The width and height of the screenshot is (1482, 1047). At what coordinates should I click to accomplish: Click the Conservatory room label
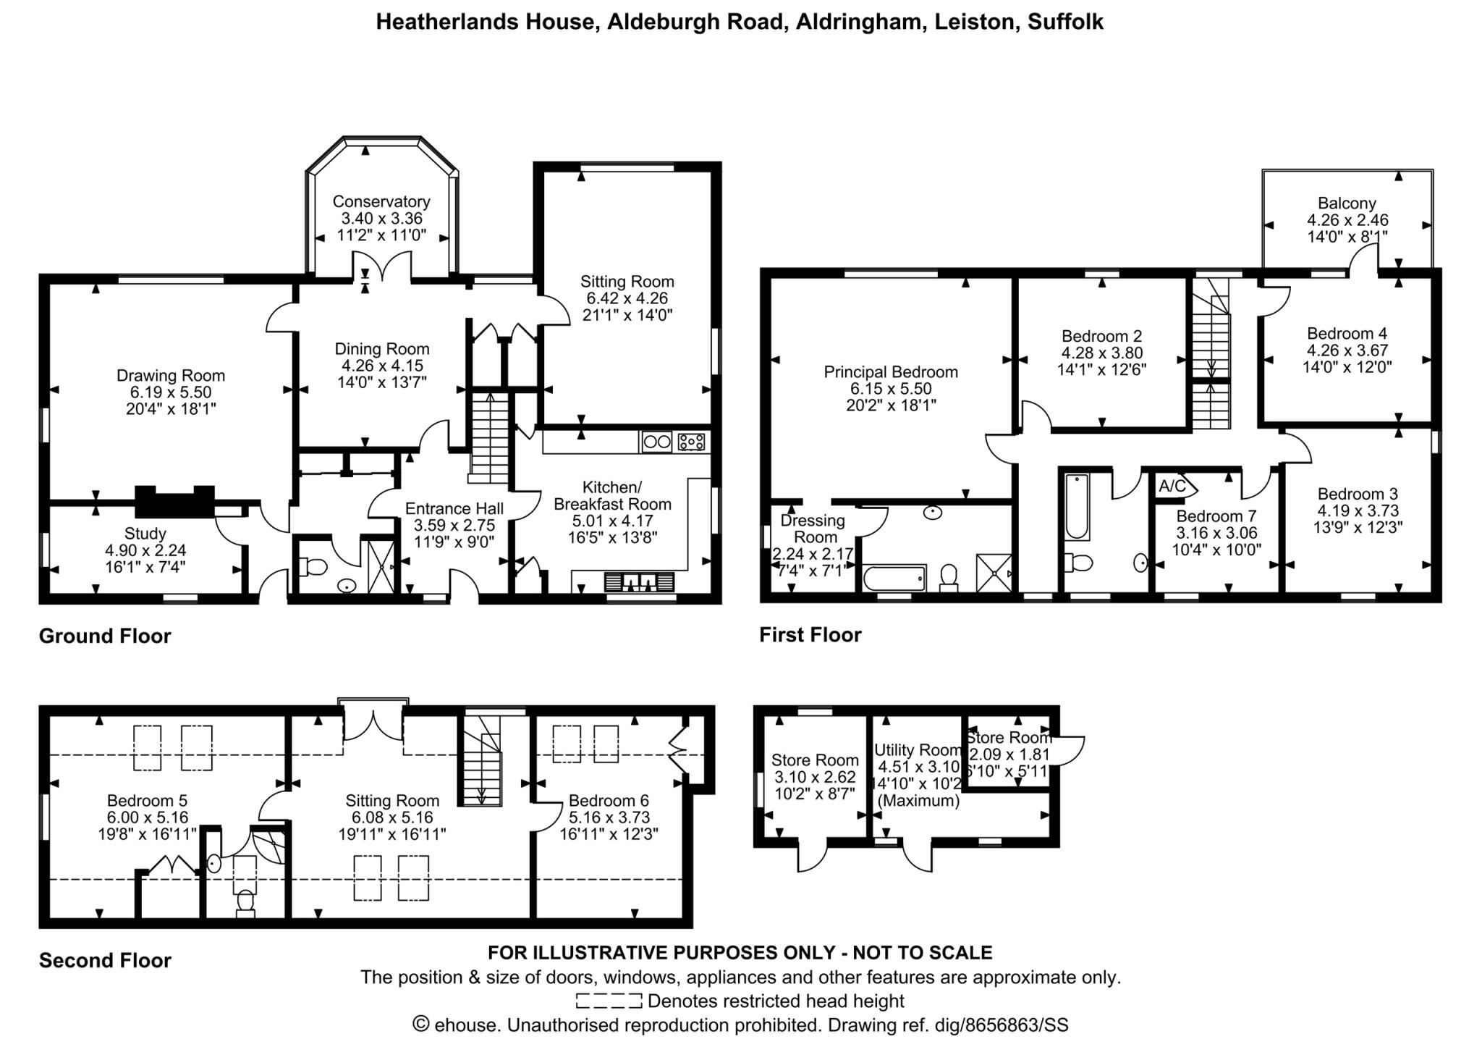point(381,201)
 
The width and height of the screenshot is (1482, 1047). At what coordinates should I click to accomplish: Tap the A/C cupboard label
point(1172,486)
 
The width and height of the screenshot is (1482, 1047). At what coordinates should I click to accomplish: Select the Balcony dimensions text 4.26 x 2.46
point(1347,220)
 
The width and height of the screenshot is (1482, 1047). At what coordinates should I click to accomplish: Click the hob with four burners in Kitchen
point(691,441)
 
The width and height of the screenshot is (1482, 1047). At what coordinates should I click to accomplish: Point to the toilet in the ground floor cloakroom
point(314,566)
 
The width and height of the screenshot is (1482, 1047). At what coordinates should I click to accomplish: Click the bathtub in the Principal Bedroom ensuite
point(894,578)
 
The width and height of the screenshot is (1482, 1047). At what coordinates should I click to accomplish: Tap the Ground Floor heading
point(105,636)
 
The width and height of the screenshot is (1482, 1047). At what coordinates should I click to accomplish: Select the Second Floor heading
point(105,960)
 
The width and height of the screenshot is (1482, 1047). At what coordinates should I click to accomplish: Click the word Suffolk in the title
point(1065,22)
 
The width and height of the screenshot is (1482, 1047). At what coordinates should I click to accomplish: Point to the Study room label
point(145,534)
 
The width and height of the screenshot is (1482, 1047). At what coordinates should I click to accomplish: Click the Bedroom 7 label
point(1216,516)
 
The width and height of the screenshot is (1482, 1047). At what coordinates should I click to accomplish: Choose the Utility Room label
point(918,749)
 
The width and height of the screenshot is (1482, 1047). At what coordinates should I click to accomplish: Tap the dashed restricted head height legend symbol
point(609,1001)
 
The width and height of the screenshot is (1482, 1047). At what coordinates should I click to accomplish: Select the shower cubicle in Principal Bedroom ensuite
point(994,573)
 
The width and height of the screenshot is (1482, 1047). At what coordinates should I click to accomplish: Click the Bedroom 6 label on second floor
point(609,800)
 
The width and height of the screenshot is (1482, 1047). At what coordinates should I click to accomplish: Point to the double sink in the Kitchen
point(639,582)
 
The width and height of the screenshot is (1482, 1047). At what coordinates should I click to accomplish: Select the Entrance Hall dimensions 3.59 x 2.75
point(454,525)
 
